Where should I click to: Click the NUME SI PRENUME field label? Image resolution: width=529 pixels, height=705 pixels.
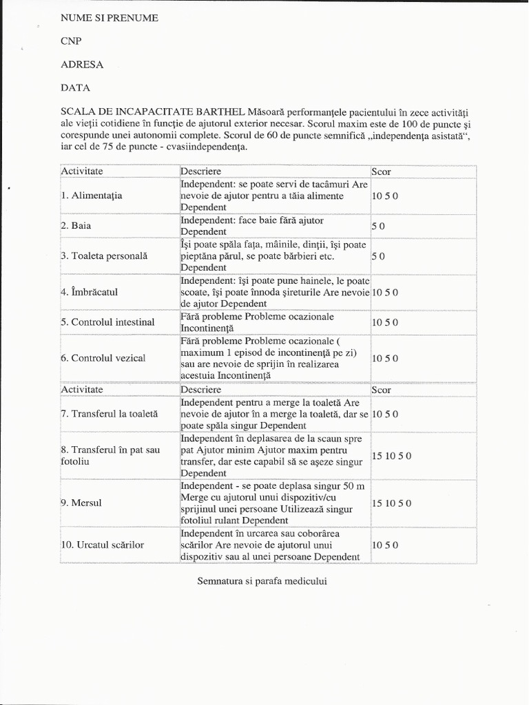[110, 18]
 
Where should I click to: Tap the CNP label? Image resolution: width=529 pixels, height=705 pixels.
[71, 41]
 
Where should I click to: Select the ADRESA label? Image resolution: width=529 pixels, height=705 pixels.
[82, 65]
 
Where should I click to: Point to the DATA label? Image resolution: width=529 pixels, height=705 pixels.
[75, 88]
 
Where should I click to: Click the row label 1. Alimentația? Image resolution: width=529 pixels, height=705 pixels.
[92, 196]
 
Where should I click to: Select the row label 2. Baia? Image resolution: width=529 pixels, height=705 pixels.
[76, 226]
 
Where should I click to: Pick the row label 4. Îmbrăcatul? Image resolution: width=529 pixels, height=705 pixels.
[90, 292]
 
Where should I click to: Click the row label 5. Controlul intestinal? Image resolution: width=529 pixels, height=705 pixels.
[107, 322]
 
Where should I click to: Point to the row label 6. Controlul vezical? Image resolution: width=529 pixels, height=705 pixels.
[103, 358]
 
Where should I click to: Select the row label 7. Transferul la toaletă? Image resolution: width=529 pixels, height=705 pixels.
[110, 414]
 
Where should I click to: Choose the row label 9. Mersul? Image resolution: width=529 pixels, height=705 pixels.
[81, 503]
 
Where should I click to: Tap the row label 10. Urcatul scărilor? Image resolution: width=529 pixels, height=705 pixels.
[103, 545]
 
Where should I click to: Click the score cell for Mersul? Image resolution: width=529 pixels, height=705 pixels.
[392, 503]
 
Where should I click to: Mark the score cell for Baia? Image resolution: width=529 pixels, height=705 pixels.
[378, 226]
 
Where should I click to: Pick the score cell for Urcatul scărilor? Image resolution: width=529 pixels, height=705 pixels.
[385, 545]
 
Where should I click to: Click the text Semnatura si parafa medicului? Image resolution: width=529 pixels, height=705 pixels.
[262, 581]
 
